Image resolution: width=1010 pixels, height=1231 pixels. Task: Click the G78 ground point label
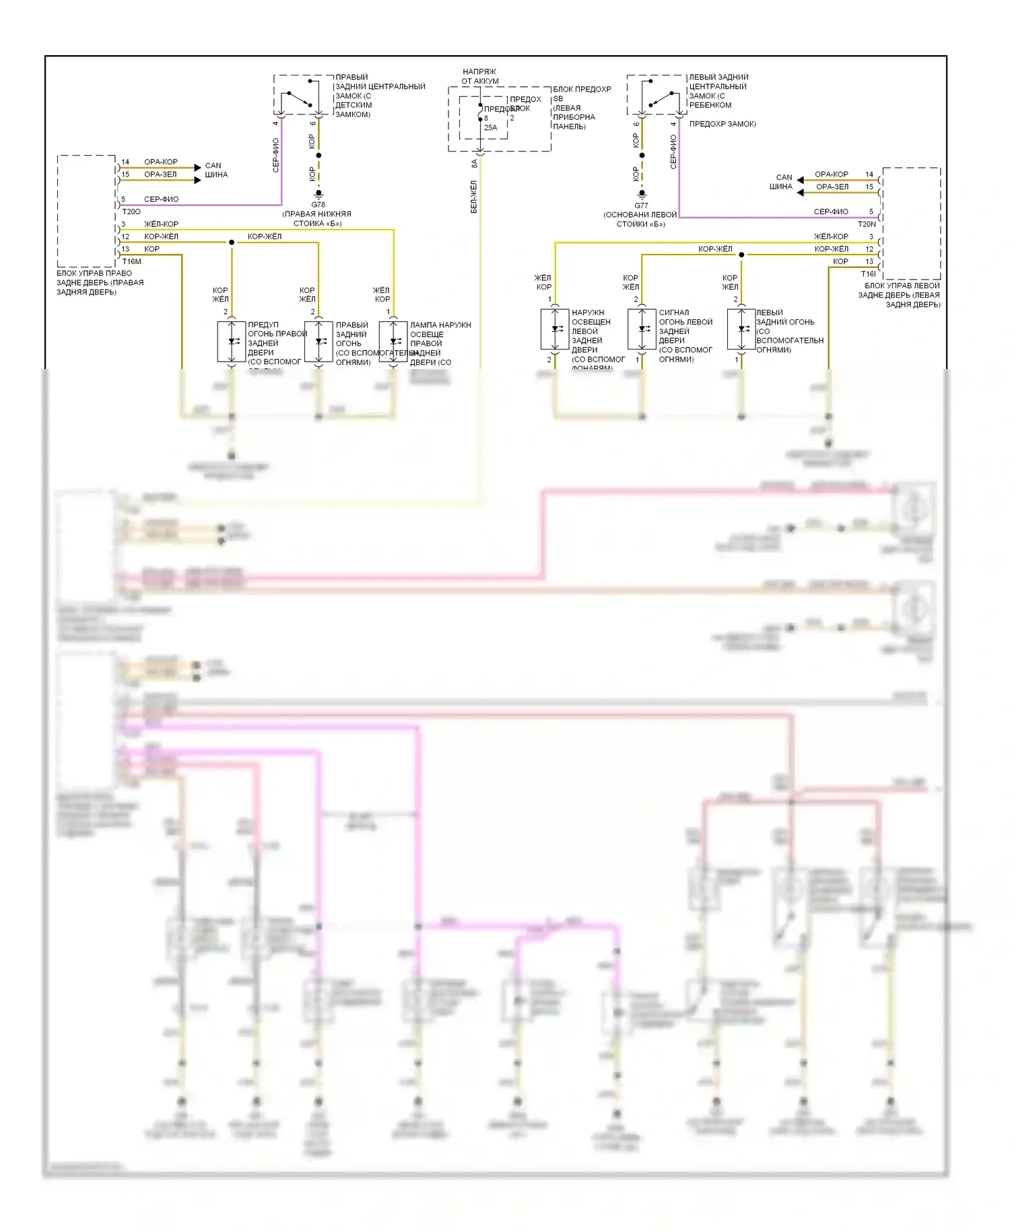tap(318, 205)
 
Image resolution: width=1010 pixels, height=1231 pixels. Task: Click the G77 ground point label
tap(641, 206)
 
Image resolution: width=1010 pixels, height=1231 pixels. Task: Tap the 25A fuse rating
tap(490, 127)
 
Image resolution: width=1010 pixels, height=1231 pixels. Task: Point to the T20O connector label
tap(131, 211)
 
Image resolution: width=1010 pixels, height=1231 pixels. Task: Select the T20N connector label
tap(867, 224)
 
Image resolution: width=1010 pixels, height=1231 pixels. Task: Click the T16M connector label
tap(132, 261)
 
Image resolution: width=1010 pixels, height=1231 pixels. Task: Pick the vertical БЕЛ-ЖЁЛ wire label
tap(474, 197)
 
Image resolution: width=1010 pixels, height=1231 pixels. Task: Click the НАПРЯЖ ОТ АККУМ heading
tap(480, 76)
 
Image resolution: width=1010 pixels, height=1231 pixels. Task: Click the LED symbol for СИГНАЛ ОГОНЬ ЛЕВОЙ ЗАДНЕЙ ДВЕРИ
tap(642, 329)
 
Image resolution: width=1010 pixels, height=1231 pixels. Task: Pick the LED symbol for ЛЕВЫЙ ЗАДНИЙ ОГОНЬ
tap(741, 329)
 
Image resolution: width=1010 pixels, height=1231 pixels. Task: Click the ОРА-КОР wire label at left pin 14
tap(161, 162)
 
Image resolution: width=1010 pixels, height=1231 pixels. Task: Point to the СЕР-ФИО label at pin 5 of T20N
tap(831, 211)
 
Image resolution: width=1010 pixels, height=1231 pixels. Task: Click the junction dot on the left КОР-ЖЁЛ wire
tap(232, 242)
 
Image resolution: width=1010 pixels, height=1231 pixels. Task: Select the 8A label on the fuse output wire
tap(474, 163)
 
